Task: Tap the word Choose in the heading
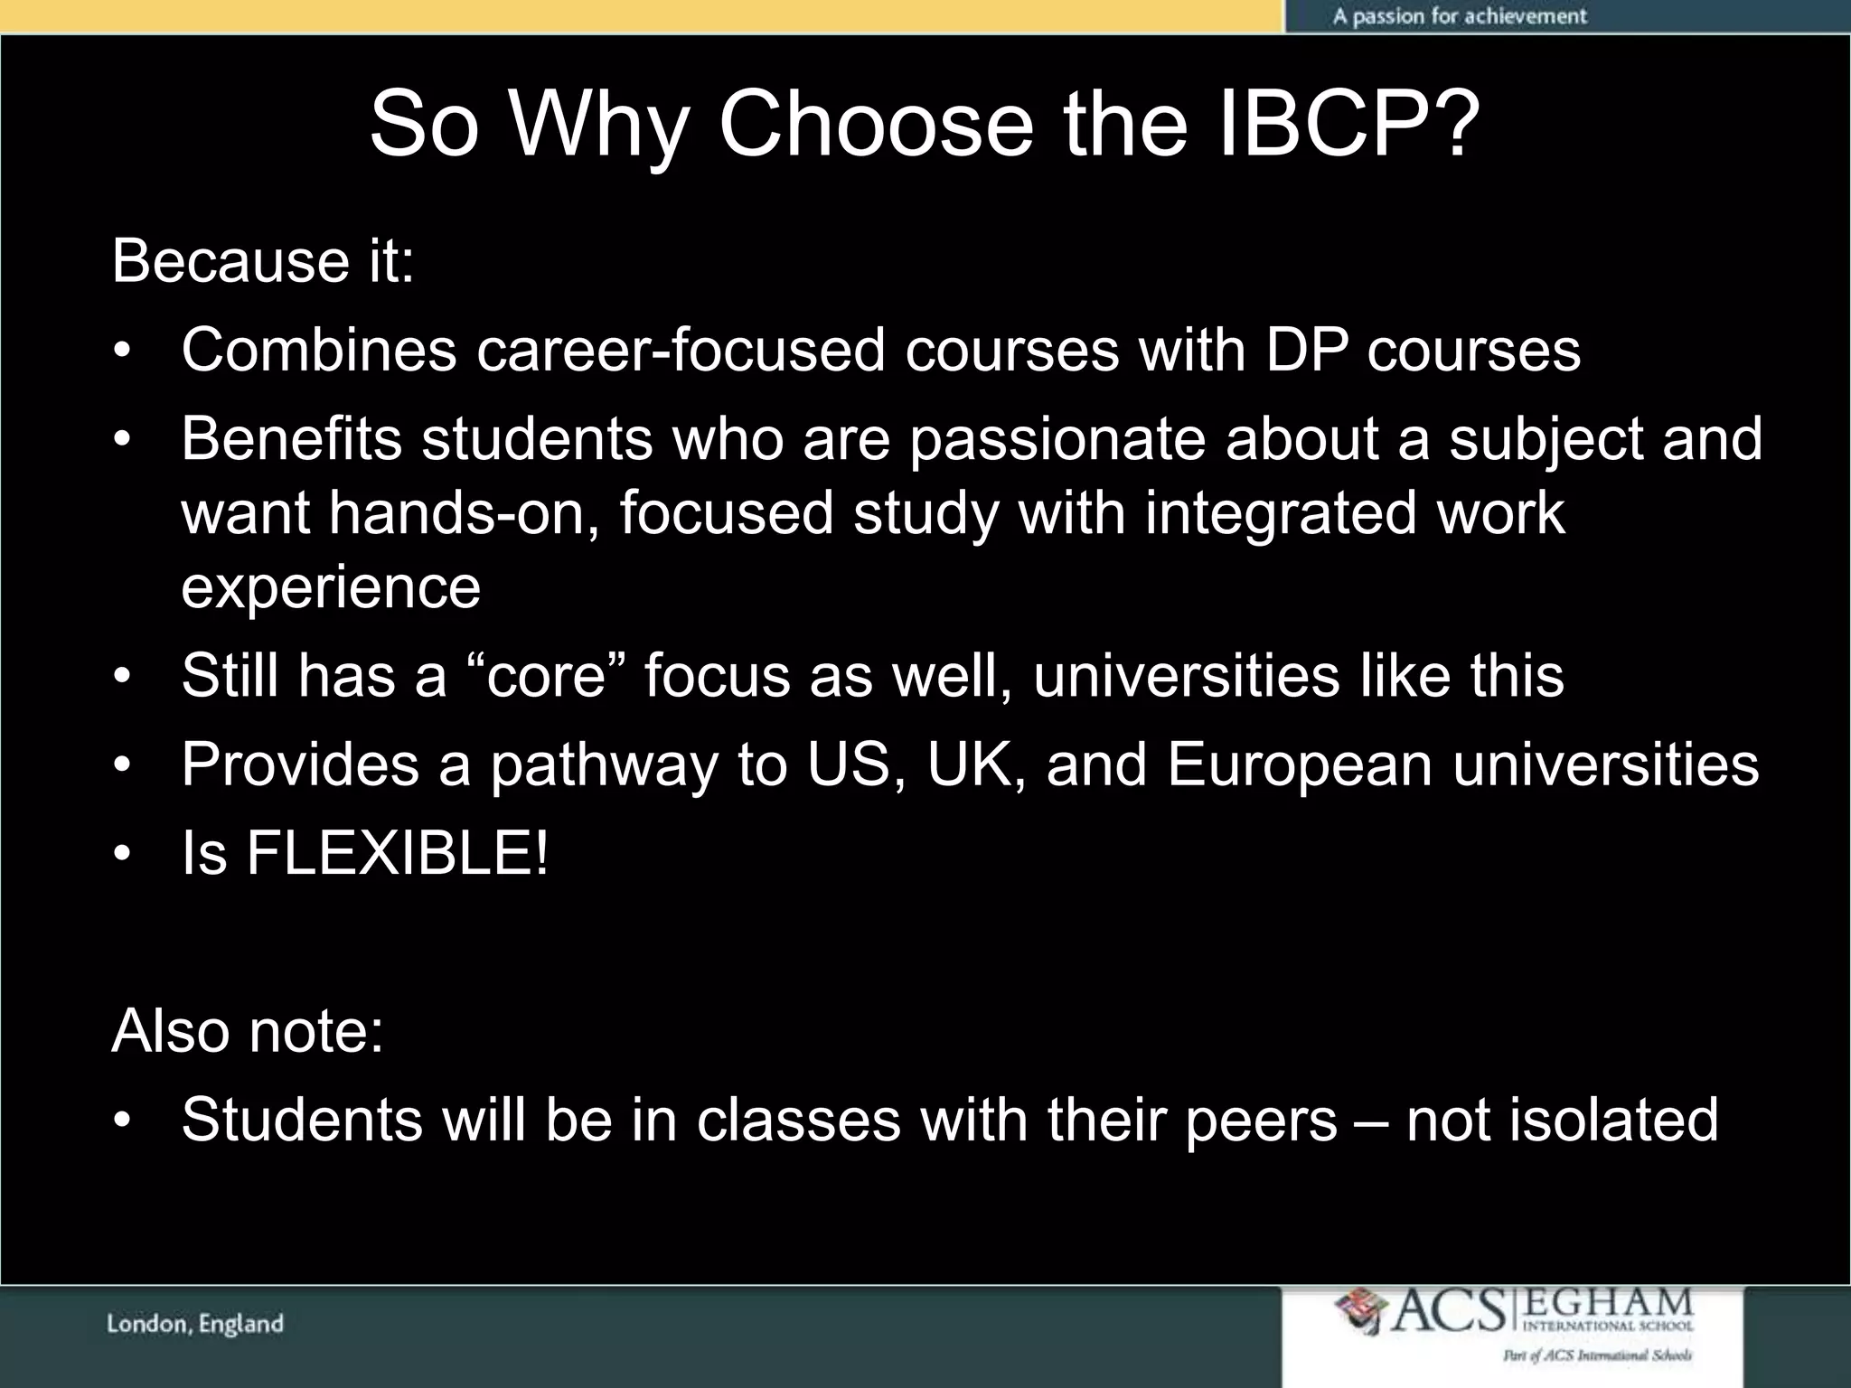point(875,124)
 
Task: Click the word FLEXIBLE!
point(397,853)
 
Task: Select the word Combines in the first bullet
point(318,350)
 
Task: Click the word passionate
point(1057,439)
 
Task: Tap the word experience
point(331,587)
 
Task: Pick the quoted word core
point(545,675)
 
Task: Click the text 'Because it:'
point(263,261)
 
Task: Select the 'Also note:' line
point(248,1031)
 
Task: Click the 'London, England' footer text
point(195,1325)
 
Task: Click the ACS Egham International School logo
point(1513,1323)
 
